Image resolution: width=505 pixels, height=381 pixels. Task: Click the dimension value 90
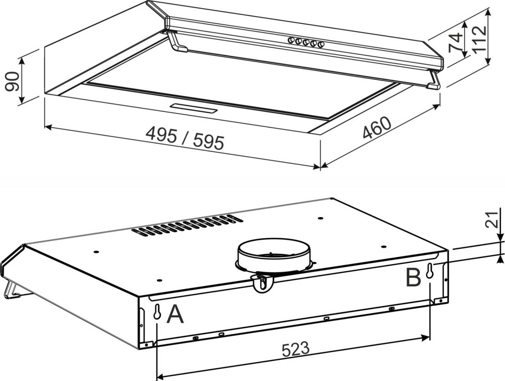(x=12, y=81)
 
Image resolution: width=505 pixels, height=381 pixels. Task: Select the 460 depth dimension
(x=377, y=128)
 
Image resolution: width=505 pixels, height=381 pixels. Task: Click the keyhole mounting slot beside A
(x=157, y=312)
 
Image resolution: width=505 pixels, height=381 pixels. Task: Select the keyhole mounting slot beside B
(x=429, y=271)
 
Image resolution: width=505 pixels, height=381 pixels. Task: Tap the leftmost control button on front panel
(x=291, y=40)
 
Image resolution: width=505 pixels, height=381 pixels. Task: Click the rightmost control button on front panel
(x=321, y=44)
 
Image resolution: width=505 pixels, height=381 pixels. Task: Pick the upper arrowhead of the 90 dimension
(x=22, y=61)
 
